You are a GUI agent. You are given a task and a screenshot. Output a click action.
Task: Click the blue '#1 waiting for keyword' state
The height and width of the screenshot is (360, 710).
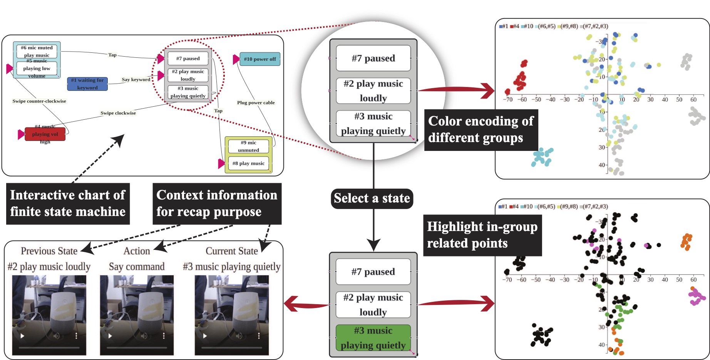(87, 84)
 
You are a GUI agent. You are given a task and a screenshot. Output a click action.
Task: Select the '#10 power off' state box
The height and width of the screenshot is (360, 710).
(260, 59)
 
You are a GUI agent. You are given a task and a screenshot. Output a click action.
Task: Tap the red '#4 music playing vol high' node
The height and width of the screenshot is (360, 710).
(45, 134)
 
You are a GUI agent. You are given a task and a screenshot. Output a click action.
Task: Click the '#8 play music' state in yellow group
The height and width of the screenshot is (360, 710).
(248, 163)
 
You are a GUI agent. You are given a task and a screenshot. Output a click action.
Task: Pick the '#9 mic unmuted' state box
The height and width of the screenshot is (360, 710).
(248, 146)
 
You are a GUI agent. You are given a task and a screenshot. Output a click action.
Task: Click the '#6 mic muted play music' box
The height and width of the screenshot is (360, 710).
(37, 51)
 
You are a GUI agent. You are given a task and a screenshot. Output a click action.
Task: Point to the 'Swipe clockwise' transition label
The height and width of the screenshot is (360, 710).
(118, 113)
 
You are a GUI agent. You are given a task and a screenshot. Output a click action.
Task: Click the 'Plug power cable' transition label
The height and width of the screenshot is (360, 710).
(256, 103)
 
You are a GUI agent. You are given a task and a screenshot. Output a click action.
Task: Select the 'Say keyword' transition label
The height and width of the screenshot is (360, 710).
(136, 80)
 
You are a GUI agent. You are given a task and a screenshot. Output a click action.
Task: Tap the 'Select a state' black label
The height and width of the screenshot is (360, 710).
(372, 198)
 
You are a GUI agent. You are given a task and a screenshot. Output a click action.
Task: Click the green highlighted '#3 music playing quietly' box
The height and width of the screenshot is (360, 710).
(373, 338)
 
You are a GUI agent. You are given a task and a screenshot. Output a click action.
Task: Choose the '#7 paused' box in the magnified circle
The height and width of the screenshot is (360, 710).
(373, 59)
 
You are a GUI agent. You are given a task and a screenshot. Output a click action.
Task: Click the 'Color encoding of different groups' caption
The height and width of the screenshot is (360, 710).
(481, 130)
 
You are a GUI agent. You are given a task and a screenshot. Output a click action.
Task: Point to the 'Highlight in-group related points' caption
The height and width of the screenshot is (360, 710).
(482, 235)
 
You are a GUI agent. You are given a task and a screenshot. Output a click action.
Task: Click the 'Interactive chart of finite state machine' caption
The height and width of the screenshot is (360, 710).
(68, 204)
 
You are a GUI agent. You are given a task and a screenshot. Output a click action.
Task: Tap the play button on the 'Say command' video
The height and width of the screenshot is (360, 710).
(110, 336)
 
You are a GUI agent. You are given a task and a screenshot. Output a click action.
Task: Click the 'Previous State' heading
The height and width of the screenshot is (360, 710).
(49, 251)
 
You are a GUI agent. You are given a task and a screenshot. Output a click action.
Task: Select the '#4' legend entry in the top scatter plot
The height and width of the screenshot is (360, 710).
(514, 26)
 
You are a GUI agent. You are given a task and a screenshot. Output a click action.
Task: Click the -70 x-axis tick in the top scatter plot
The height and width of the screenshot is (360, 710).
(508, 99)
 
